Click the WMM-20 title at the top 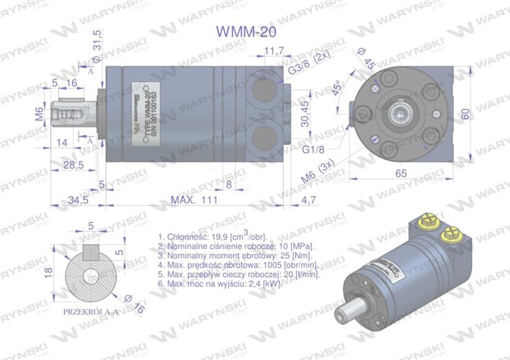246,32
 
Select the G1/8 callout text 313,149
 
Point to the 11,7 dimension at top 274,51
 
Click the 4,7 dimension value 308,199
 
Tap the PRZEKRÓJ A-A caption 90,311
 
